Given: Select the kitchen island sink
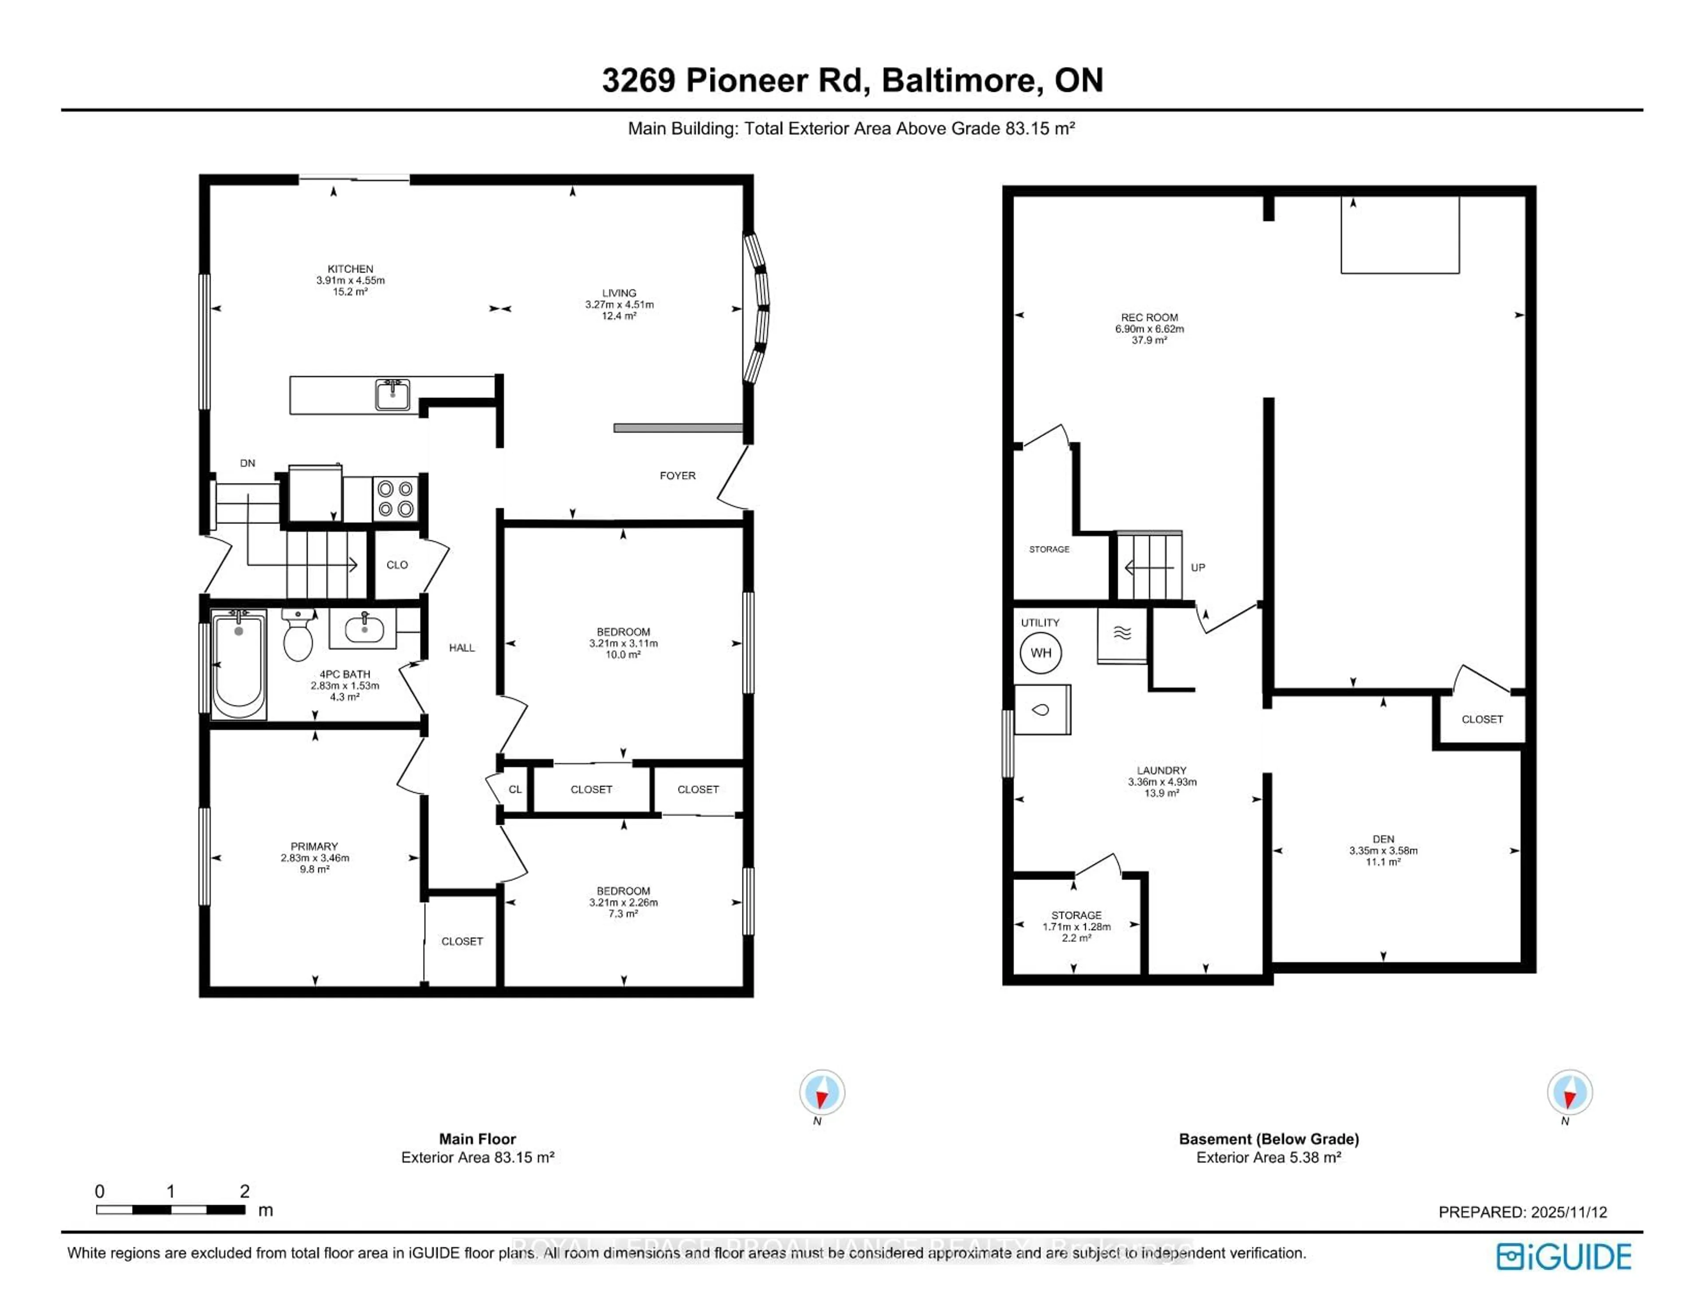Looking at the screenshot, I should (392, 395).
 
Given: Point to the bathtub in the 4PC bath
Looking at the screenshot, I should (239, 664).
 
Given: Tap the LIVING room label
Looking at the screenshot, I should (619, 293).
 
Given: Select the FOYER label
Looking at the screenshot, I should (677, 475).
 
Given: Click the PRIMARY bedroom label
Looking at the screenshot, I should (314, 846).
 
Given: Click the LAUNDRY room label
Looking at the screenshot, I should (1161, 770).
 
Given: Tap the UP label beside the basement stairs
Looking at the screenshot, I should (1198, 567).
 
